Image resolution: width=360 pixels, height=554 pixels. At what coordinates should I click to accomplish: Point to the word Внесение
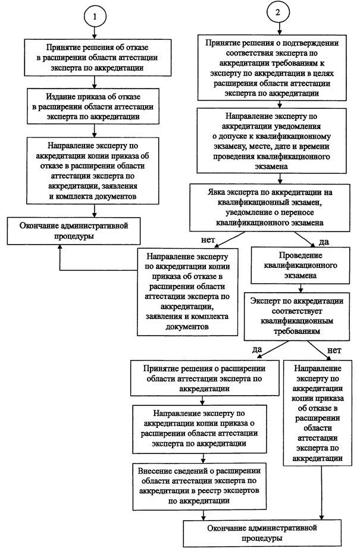point(154,471)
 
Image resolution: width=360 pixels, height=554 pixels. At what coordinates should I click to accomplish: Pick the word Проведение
point(300,255)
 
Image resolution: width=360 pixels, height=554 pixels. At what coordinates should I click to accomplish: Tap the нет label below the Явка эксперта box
point(208,240)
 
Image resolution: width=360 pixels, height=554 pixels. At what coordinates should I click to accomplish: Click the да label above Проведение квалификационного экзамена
point(324,242)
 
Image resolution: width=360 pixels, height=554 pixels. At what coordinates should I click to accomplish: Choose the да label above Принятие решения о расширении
point(257,349)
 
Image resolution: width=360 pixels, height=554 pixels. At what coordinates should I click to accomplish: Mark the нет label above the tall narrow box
point(334,350)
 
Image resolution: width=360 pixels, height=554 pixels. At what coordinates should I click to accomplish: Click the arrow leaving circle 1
point(94,33)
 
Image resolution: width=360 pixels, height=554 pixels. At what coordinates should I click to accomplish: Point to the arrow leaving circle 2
point(280,29)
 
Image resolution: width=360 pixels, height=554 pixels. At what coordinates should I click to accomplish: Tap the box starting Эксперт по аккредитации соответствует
point(297,316)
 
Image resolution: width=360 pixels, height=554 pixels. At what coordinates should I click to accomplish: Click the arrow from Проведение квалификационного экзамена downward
point(300,287)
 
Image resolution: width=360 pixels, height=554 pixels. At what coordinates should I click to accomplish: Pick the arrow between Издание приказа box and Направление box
point(95,130)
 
